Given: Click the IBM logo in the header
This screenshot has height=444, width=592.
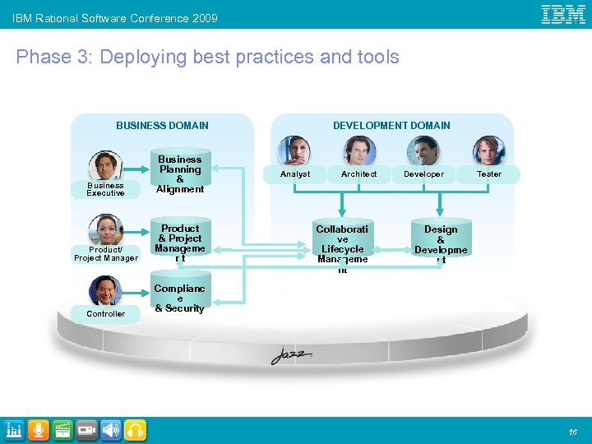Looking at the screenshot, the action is pyautogui.click(x=562, y=14).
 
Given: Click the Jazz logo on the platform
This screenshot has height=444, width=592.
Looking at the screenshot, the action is pyautogui.click(x=292, y=356).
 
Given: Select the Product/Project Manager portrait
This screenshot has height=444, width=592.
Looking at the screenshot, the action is pyautogui.click(x=106, y=229).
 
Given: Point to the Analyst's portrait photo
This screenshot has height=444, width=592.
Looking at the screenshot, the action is pyautogui.click(x=294, y=151).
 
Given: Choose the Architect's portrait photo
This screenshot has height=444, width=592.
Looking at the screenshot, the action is pyautogui.click(x=359, y=151).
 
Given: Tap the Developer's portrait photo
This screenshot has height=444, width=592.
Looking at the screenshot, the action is pyautogui.click(x=424, y=151).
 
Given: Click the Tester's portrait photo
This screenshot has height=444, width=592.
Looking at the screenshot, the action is pyautogui.click(x=489, y=151).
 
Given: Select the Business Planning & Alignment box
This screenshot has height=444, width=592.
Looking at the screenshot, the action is pyautogui.click(x=180, y=174).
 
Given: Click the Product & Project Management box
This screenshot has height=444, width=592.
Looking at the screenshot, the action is pyautogui.click(x=180, y=243).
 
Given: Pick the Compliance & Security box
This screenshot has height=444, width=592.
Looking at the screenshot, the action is pyautogui.click(x=180, y=298).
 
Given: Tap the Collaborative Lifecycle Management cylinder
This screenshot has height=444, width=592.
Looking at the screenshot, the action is pyautogui.click(x=342, y=243).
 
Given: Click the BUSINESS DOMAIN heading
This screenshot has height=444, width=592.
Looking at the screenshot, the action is pyautogui.click(x=162, y=126).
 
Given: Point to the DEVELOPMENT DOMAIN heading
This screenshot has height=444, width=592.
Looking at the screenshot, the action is pyautogui.click(x=391, y=126).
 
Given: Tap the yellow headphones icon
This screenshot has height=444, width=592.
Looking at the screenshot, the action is pyautogui.click(x=136, y=430).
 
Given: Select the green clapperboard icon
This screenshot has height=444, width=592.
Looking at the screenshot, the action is pyautogui.click(x=62, y=430).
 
